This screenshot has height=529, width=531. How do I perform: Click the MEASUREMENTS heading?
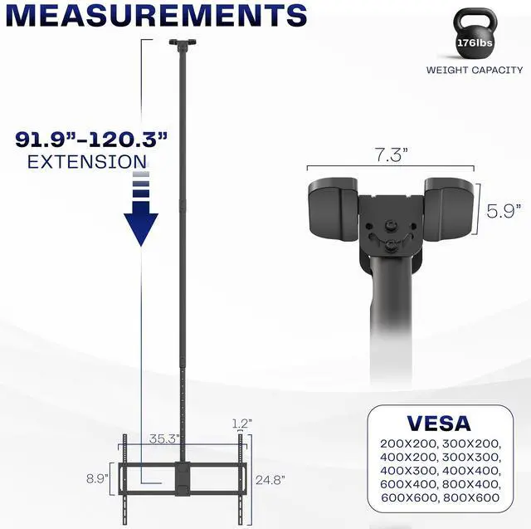coord(157,15)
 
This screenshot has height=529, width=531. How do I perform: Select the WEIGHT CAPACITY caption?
coord(475,70)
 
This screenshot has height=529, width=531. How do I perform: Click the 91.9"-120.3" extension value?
coord(91,140)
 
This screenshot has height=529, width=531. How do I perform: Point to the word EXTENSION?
coord(87,162)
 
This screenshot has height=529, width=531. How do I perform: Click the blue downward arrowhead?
coord(141,229)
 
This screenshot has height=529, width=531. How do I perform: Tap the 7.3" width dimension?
coord(391,154)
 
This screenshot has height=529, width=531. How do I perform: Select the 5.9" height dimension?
coord(504,211)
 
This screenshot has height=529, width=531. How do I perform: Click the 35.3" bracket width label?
coord(164,438)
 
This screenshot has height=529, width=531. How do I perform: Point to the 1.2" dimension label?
coord(241,424)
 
